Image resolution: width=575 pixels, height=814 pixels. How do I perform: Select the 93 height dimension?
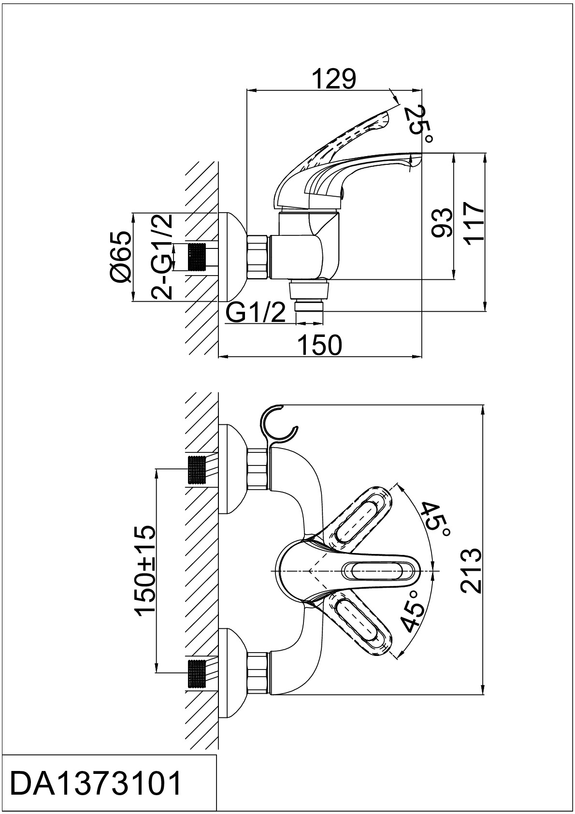click(x=442, y=223)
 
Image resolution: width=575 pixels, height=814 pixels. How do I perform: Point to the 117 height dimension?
click(x=474, y=223)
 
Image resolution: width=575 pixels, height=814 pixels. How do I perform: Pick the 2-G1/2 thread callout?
click(x=161, y=256)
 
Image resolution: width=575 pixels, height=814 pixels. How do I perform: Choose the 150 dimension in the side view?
click(x=320, y=345)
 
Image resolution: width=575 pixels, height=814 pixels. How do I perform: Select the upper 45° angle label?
click(x=438, y=521)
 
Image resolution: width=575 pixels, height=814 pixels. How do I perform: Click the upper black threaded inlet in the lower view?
click(x=197, y=470)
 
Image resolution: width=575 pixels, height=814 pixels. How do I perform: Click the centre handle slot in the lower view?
click(x=379, y=574)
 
